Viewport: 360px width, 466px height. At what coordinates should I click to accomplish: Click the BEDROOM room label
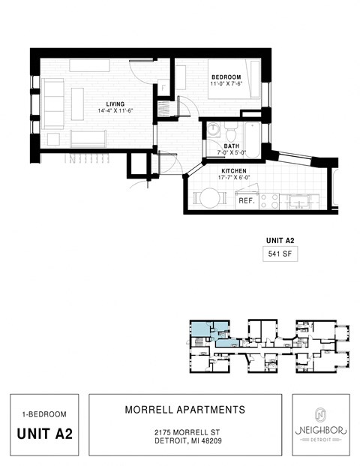tap(225, 77)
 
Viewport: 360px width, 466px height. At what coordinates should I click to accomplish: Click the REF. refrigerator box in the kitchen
tap(246, 201)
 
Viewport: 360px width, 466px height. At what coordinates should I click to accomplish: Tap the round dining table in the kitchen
tap(208, 199)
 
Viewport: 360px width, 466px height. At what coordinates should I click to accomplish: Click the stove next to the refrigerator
tap(269, 201)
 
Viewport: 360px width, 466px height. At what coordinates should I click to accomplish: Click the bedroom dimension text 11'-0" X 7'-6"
tap(226, 85)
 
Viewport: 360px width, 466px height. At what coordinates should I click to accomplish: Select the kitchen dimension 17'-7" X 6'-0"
tap(234, 179)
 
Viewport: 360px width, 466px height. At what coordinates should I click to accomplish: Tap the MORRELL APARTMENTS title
tap(184, 410)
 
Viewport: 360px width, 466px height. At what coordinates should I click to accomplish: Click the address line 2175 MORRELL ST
tap(184, 433)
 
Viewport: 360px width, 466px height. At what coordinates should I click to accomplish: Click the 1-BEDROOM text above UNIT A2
tap(44, 413)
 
